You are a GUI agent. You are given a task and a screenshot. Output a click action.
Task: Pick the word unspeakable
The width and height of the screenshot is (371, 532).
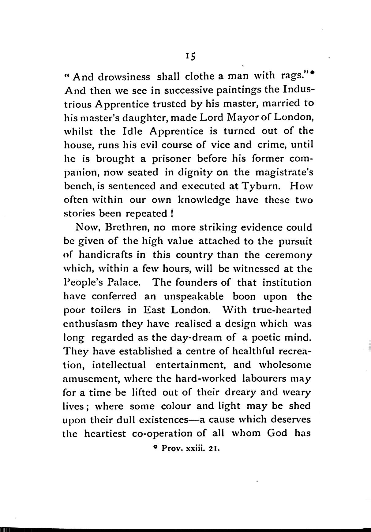(x=194, y=297)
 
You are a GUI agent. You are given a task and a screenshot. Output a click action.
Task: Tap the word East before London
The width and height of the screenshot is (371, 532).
(x=154, y=310)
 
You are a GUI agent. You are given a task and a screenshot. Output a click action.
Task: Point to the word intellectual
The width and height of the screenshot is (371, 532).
(x=119, y=365)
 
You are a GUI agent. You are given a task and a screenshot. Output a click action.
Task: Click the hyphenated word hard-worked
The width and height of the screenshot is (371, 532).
(x=205, y=379)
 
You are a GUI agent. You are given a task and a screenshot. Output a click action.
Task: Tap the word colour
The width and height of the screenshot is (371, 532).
(x=176, y=406)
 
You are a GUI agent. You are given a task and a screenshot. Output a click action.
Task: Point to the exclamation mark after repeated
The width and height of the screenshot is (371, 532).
(x=172, y=213)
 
